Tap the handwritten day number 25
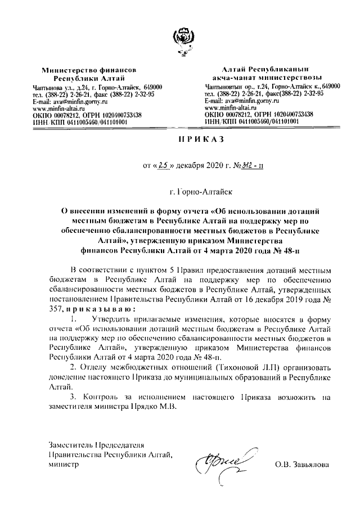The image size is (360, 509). pyautogui.click(x=164, y=165)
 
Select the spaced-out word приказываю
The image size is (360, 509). pyautogui.click(x=101, y=309)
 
